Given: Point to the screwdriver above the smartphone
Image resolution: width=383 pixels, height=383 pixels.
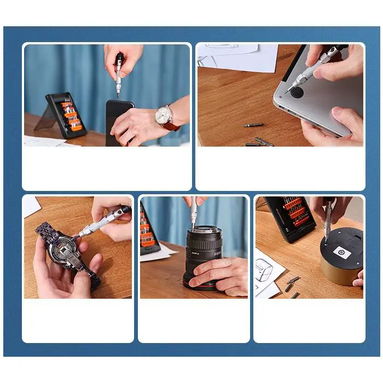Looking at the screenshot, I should [x=119, y=74].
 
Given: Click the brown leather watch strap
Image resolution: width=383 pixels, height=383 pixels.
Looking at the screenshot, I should [x=172, y=126].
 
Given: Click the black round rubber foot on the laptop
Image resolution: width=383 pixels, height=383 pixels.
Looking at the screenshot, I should [x=296, y=92].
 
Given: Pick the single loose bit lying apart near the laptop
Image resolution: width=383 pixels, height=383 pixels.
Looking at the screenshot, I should [x=253, y=125].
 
